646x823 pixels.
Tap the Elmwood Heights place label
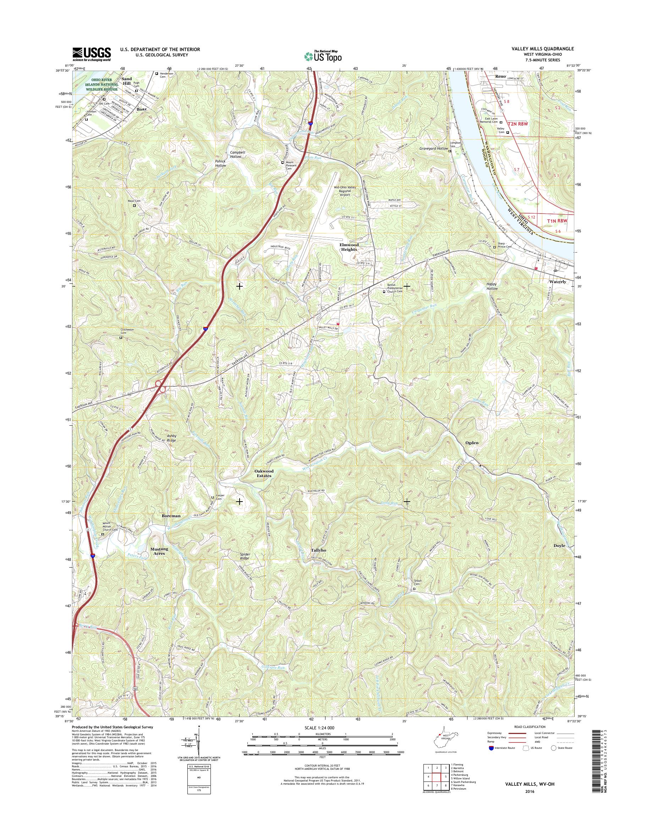point(348,247)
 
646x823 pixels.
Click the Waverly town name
point(558,282)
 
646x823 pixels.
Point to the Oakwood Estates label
point(264,473)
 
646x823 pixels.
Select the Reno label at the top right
point(500,76)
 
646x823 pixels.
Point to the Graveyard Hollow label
point(433,149)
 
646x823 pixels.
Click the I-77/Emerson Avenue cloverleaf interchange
point(160,386)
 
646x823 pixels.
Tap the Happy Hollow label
point(492,286)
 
